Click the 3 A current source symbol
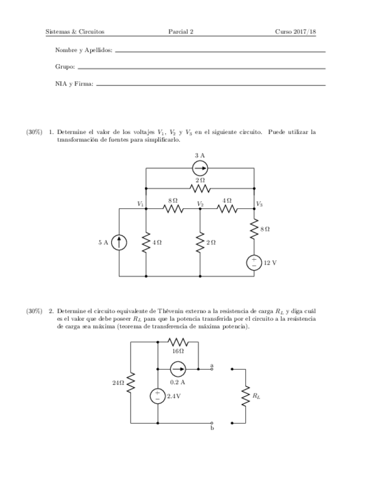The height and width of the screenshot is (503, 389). (x=200, y=168)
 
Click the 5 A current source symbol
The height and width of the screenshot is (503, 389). (x=119, y=242)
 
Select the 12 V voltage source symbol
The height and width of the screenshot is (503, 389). (x=254, y=262)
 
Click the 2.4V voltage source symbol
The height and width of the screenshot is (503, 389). (x=158, y=396)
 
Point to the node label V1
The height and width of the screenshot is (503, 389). (x=141, y=203)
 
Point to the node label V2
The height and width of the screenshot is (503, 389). (x=201, y=203)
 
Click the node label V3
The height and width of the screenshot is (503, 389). (x=259, y=203)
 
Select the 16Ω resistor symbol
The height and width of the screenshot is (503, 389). (x=178, y=342)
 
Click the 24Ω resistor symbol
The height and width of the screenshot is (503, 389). (x=131, y=383)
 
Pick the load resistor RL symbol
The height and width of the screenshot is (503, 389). (x=245, y=395)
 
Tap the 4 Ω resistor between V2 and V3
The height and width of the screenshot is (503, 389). (x=227, y=208)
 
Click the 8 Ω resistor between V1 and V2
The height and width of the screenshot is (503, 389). (x=173, y=208)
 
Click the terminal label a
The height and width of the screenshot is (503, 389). (x=212, y=365)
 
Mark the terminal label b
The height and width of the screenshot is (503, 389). (x=212, y=428)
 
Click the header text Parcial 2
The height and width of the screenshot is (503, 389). (x=181, y=31)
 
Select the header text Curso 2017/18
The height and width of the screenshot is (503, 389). (x=295, y=31)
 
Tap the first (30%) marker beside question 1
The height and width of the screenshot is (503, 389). (x=34, y=132)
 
